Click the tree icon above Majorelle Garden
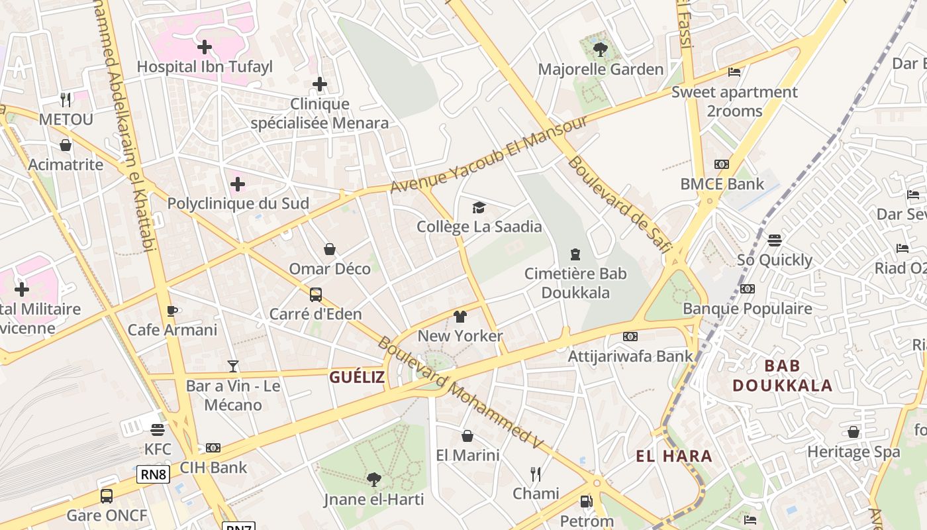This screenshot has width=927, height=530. coord(601,49)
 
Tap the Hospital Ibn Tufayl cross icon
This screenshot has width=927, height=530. coord(205,47)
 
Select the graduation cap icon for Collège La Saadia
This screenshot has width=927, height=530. coord(479,208)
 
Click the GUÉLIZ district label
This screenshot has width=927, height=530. coord(357,377)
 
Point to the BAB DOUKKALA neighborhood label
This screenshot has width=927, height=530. coord(782,376)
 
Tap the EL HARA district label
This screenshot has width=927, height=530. coord(674,456)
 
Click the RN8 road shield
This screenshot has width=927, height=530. coord(154,474)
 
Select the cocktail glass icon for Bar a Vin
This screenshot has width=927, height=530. coord(233,366)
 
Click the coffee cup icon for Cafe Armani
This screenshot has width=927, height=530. coord(172,310)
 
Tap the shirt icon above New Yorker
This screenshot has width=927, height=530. coord(460,317)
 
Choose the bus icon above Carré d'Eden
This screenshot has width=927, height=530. coord(316,294)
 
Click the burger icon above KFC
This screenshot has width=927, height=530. coord(158,430)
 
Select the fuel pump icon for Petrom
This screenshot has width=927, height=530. coord(586,502)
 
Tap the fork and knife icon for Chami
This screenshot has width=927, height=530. coord(536,474)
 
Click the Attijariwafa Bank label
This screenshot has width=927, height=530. coord(630,356)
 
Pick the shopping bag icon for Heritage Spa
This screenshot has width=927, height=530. coord(854,432)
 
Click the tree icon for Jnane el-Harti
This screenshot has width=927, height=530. coord(374,479)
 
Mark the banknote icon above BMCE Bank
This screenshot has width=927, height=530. coord(722,164)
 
